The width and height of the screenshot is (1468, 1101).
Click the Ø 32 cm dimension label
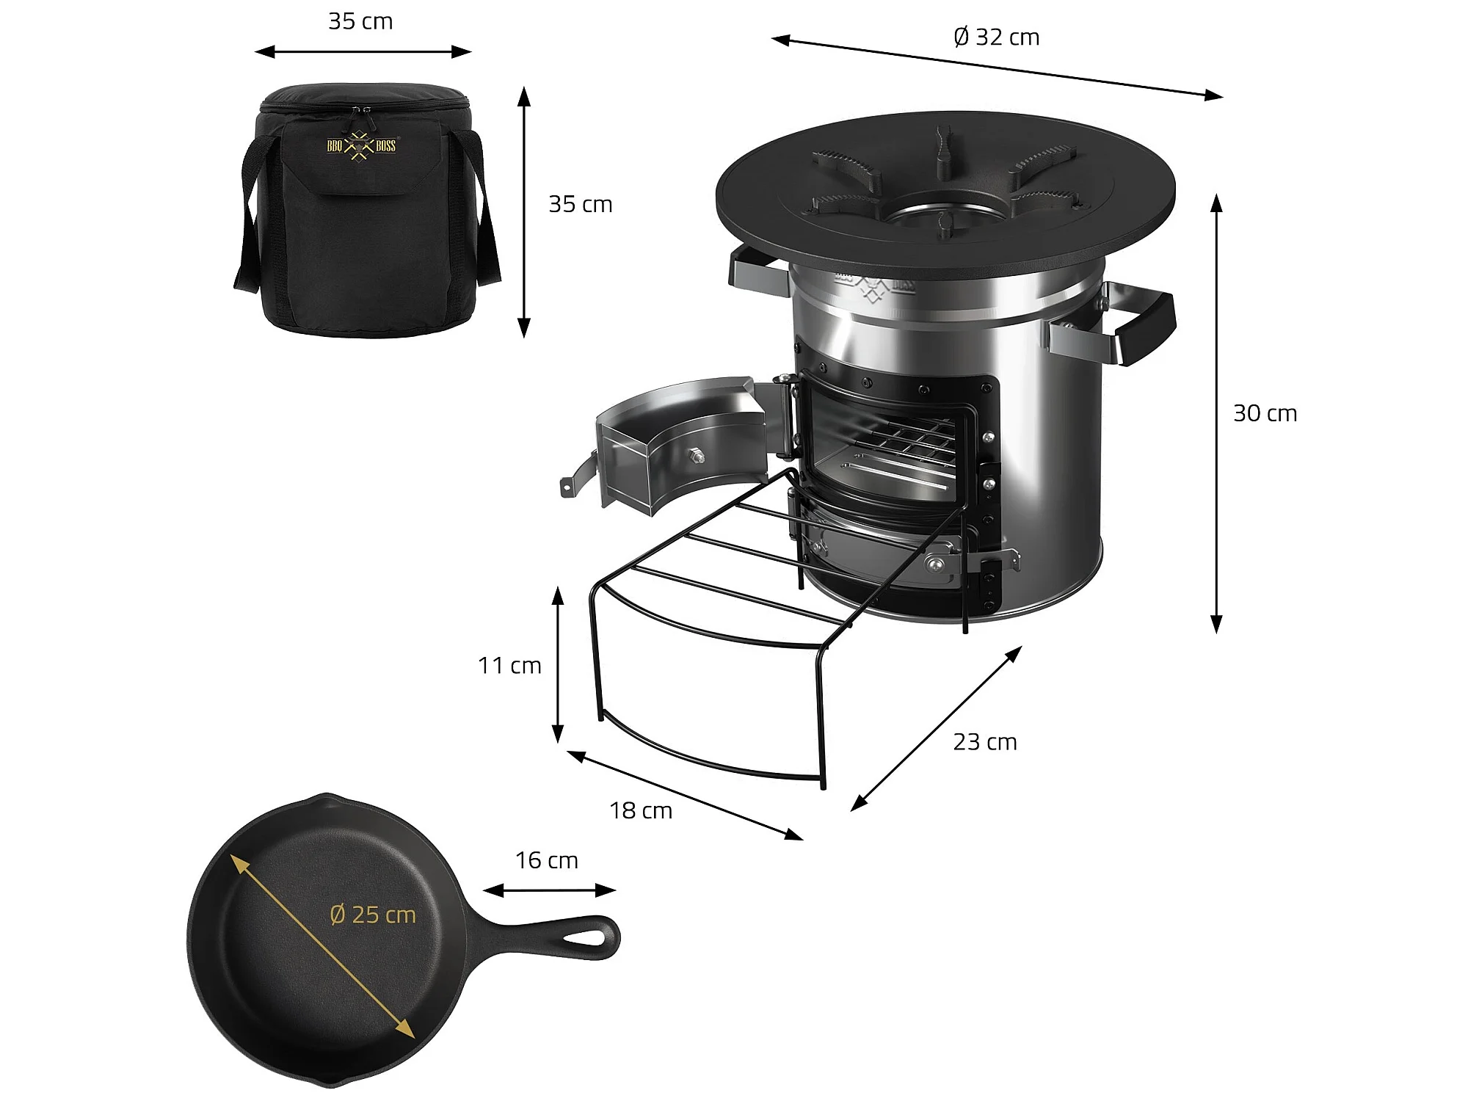pyautogui.click(x=996, y=37)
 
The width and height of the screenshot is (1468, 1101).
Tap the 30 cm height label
pyautogui.click(x=1265, y=413)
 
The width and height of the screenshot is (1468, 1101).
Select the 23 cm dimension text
pyautogui.click(x=985, y=742)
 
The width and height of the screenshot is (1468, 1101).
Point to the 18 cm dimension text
pyautogui.click(x=641, y=810)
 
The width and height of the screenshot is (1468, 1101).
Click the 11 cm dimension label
pyautogui.click(x=509, y=665)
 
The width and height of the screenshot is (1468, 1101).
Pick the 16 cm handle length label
pyautogui.click(x=547, y=860)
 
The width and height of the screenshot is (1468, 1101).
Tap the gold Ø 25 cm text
pyautogui.click(x=373, y=915)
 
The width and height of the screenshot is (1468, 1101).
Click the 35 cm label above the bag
pyautogui.click(x=360, y=21)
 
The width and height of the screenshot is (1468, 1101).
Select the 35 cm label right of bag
pyautogui.click(x=581, y=204)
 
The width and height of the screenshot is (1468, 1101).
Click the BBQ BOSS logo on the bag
pyautogui.click(x=361, y=145)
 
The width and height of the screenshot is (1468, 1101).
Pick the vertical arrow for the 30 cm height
pyautogui.click(x=1216, y=413)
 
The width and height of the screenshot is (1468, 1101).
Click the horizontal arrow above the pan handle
pyautogui.click(x=549, y=890)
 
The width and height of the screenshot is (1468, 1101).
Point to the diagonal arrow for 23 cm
pyautogui.click(x=936, y=728)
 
